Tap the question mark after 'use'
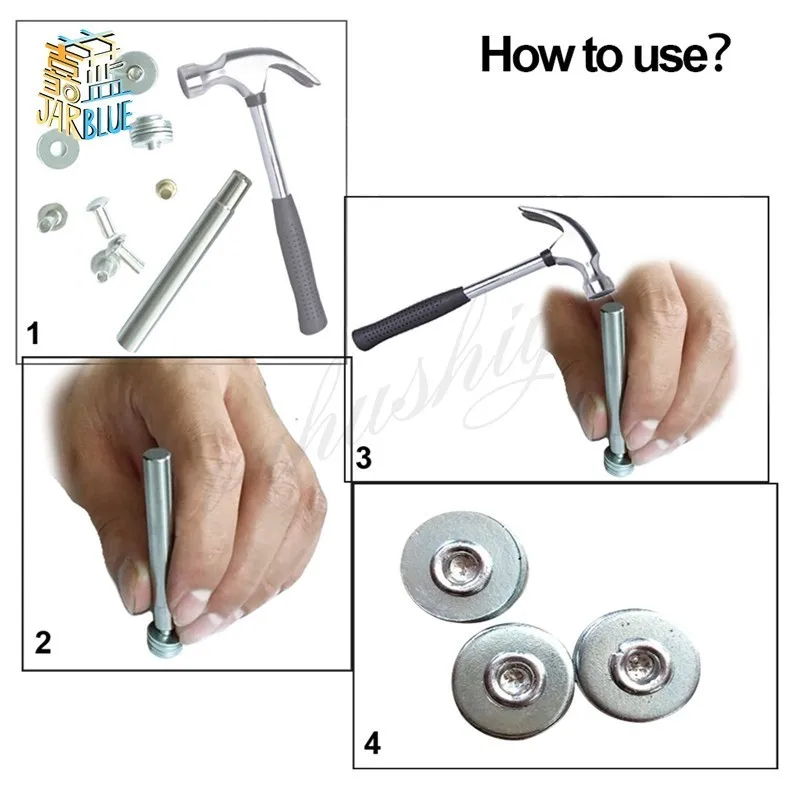[720, 55]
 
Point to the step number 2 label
[42, 643]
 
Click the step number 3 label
[364, 459]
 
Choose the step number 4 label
[372, 743]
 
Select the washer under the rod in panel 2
[162, 643]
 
